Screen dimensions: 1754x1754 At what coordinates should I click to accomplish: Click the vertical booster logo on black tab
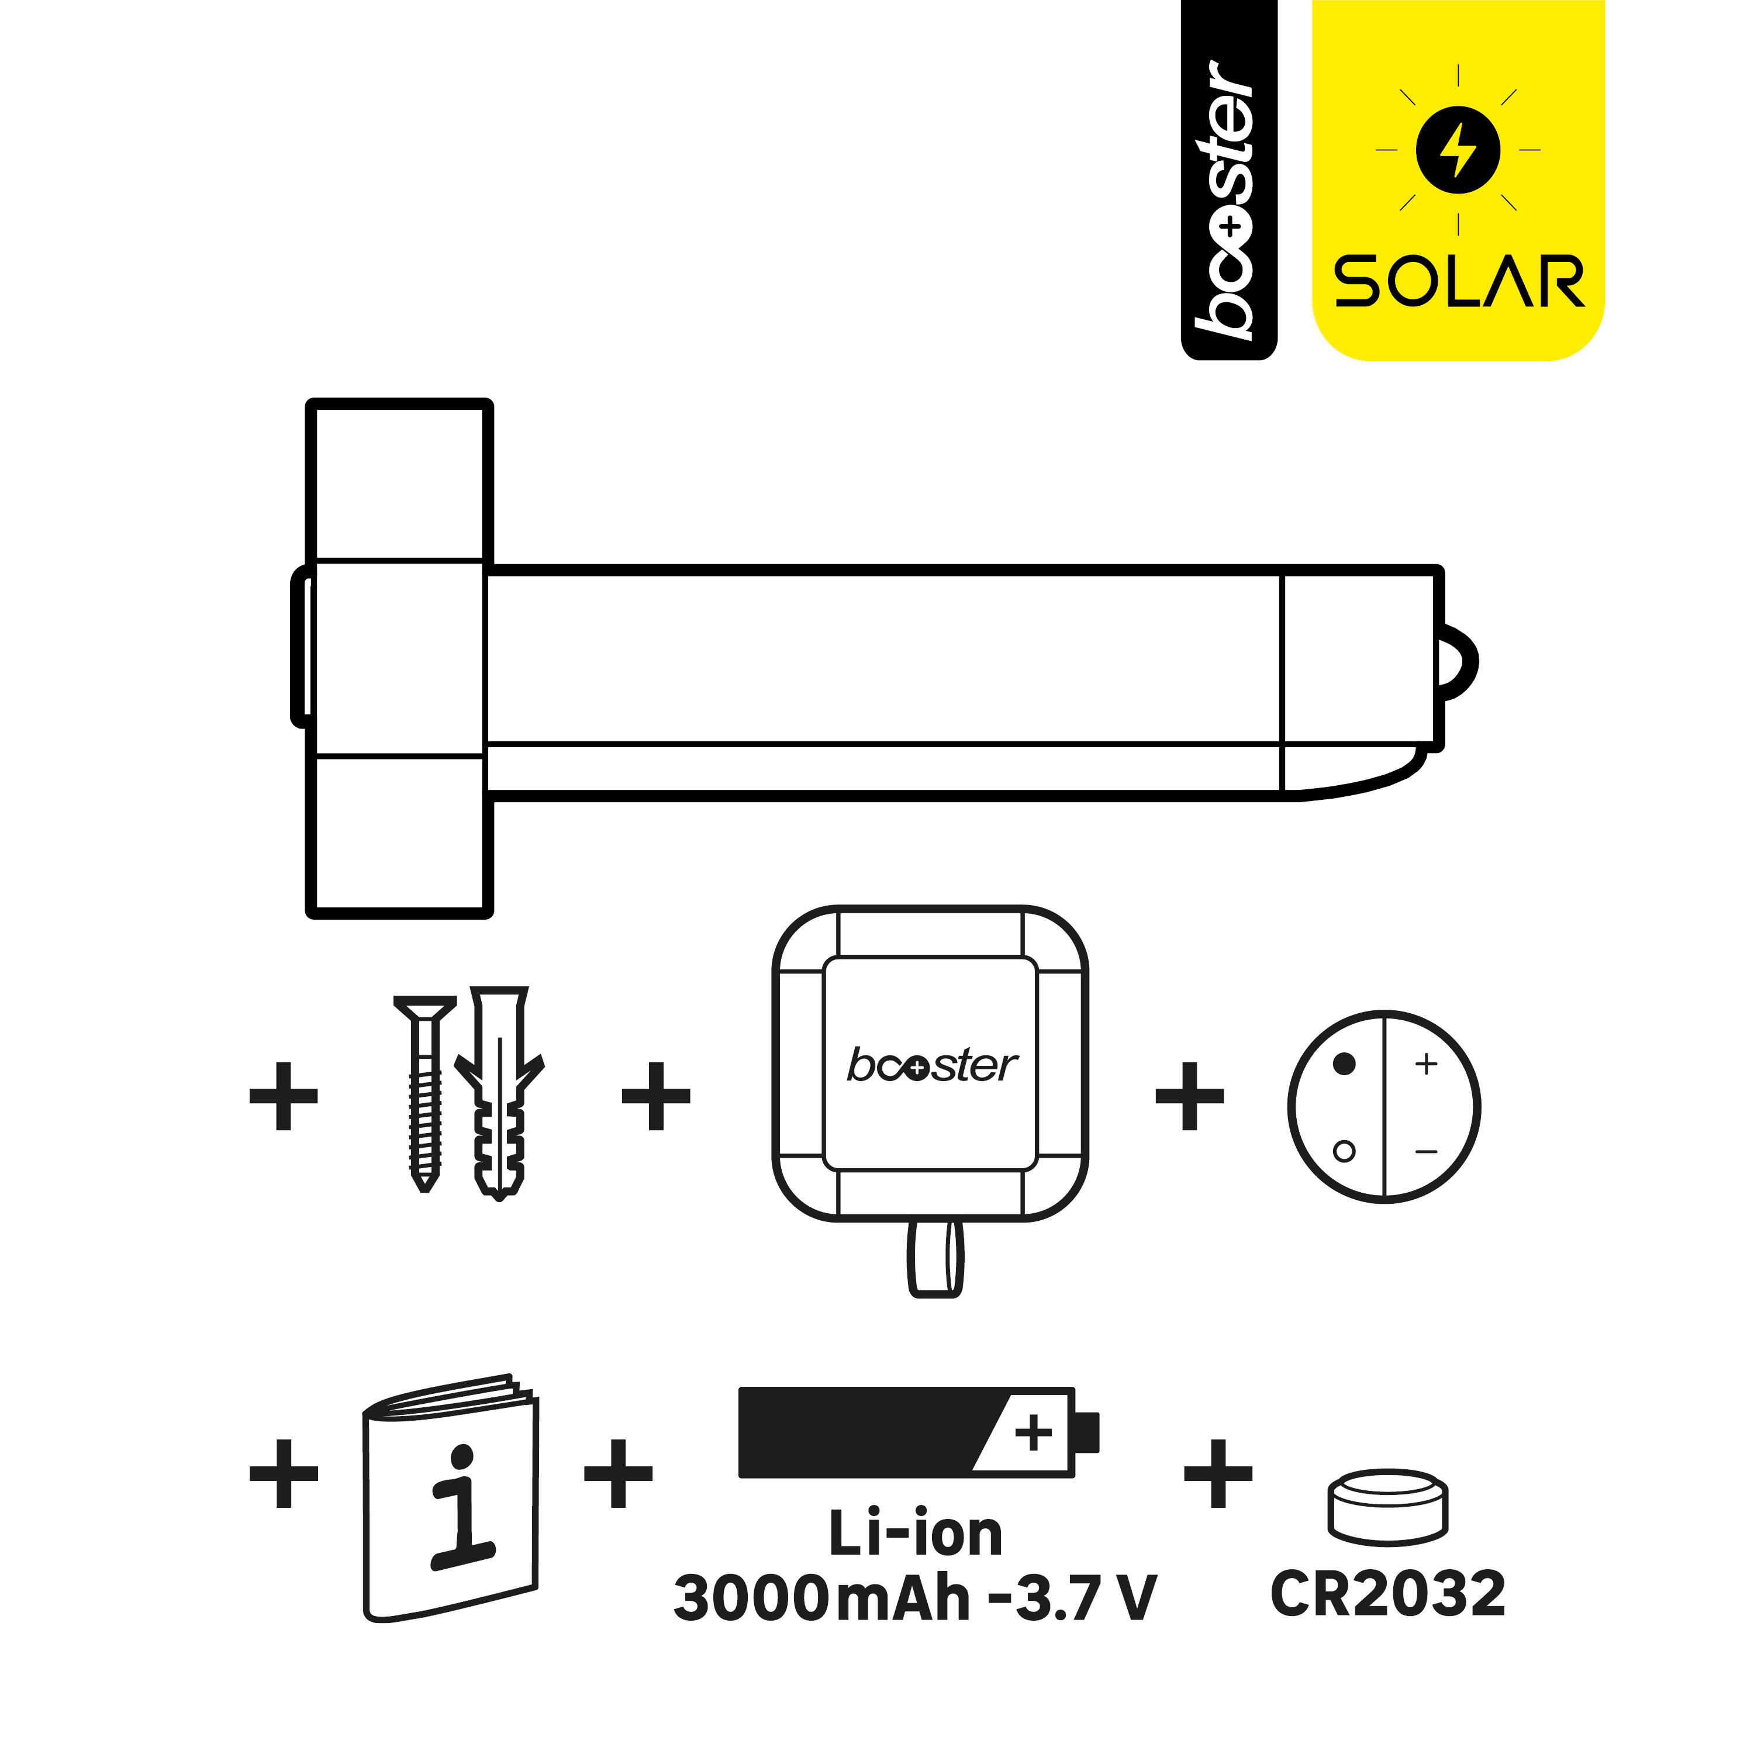(1228, 200)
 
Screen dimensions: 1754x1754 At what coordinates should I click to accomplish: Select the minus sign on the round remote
(1426, 1152)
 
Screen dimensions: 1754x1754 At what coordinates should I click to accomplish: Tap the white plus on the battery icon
(1033, 1434)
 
